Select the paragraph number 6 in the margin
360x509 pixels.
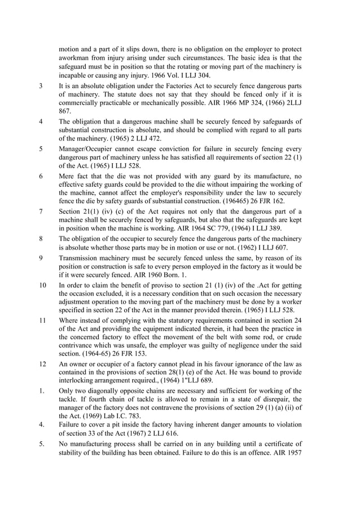(41, 176)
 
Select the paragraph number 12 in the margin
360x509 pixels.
(43, 365)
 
